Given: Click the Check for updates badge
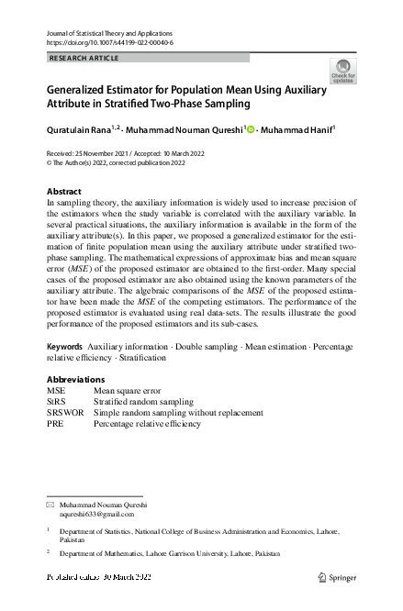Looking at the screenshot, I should point(342,71).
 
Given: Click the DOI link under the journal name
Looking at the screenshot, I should point(108,43).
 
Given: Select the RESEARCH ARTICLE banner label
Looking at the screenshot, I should point(84,57).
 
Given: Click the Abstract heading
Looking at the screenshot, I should point(63,192).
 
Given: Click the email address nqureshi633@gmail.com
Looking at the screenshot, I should point(96,514).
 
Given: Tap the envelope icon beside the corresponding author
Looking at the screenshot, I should point(50,505).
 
